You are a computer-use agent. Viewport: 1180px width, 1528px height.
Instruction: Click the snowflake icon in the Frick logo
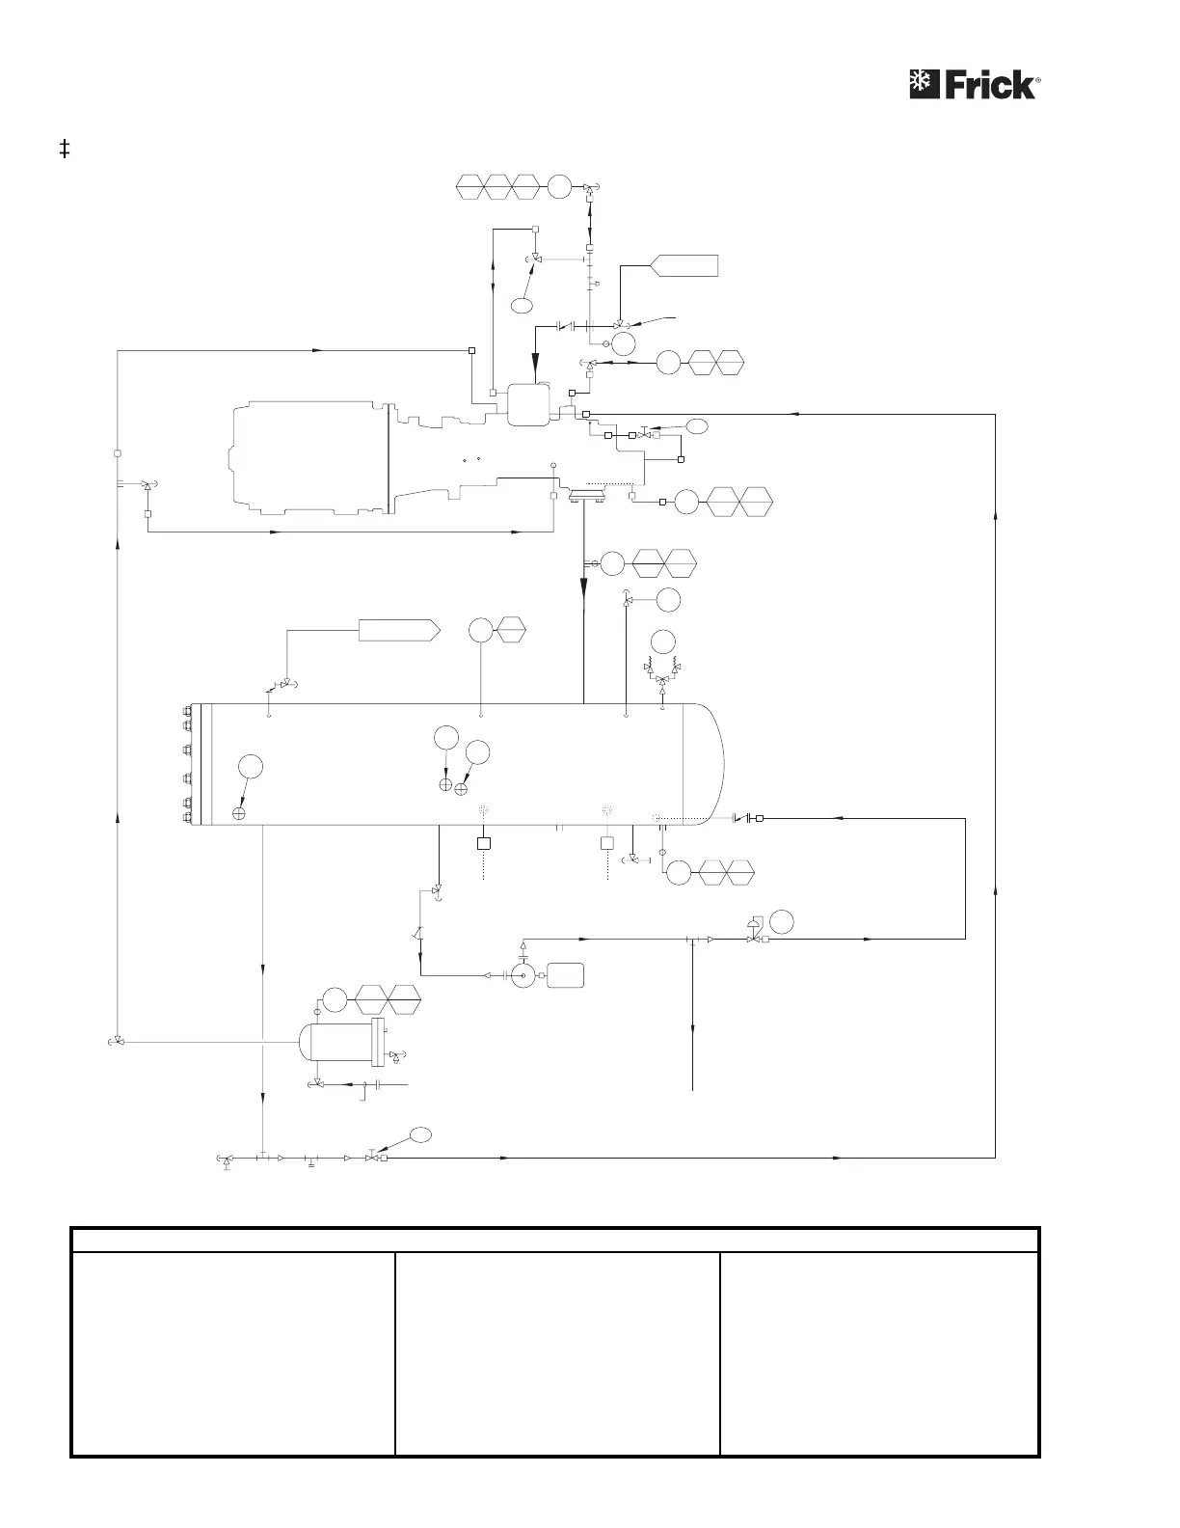(x=924, y=84)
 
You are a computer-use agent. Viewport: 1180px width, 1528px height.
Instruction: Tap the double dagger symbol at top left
(x=65, y=150)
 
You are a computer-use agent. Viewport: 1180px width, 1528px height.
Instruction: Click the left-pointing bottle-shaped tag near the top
(x=685, y=265)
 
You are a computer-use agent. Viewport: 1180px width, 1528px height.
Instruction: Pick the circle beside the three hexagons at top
(x=560, y=187)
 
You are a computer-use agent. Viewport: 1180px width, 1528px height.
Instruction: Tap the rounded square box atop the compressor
(x=527, y=404)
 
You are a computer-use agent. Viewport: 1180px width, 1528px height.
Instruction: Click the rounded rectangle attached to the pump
(x=565, y=975)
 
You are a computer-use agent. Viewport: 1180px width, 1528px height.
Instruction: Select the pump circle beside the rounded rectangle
(x=523, y=975)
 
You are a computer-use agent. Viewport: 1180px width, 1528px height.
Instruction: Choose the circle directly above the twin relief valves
(x=662, y=641)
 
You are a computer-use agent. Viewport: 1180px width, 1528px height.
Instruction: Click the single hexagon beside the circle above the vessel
(x=510, y=631)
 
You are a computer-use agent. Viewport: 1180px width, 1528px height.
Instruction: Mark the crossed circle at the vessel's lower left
(x=239, y=814)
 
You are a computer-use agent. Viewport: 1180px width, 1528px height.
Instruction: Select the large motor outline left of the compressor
(x=308, y=460)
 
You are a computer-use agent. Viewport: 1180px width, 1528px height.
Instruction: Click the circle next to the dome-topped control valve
(x=782, y=921)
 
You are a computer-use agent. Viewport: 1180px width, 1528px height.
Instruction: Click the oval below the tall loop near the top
(x=522, y=306)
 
